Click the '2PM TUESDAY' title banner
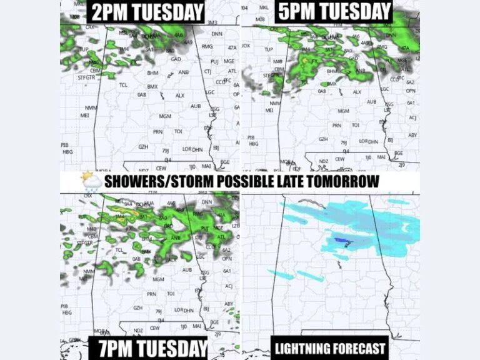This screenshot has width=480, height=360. (146, 12)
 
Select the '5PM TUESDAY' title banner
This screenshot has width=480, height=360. (333, 12)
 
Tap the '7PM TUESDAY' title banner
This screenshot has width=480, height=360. (147, 348)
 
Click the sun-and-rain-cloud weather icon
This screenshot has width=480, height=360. (91, 181)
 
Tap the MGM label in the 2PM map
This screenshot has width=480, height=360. (165, 117)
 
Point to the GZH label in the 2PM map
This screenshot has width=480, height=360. (143, 146)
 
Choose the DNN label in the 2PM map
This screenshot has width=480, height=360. (217, 34)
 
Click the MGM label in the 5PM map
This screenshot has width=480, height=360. (343, 111)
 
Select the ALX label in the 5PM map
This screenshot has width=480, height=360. (357, 92)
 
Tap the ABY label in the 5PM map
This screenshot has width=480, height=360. (412, 135)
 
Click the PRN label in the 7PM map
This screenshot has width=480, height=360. (152, 294)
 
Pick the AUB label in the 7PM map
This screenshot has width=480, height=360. (187, 270)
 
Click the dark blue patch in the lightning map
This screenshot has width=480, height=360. (340, 241)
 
